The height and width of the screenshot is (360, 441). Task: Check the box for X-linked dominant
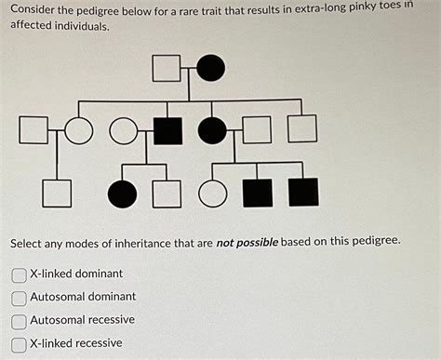tap(19, 275)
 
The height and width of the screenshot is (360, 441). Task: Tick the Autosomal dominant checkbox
tap(19, 298)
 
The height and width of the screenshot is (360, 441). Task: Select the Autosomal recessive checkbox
tap(19, 321)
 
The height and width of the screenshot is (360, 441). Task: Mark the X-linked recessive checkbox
tap(19, 343)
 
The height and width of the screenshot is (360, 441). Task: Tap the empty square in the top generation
tap(166, 68)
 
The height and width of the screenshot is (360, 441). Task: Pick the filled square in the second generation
tap(167, 130)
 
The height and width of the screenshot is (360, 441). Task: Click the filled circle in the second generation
tap(212, 130)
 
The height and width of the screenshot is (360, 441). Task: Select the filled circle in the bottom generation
tap(122, 193)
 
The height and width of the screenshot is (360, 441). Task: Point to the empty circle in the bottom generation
tap(213, 193)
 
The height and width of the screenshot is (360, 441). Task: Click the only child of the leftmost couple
tap(57, 193)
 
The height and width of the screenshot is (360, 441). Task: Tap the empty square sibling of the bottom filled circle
tap(167, 193)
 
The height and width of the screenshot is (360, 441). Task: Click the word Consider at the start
tap(35, 9)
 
